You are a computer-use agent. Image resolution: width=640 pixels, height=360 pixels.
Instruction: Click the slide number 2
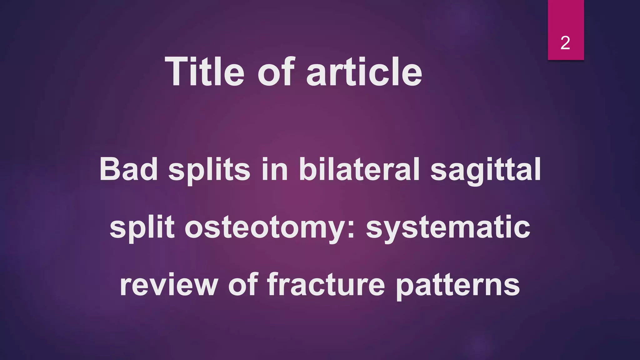565,43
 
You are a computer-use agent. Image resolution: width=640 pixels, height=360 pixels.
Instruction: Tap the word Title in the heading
204,72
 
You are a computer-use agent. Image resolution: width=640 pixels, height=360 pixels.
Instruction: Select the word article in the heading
364,72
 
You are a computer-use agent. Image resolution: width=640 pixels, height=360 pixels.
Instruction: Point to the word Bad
128,169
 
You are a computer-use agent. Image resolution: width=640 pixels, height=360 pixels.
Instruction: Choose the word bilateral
359,169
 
